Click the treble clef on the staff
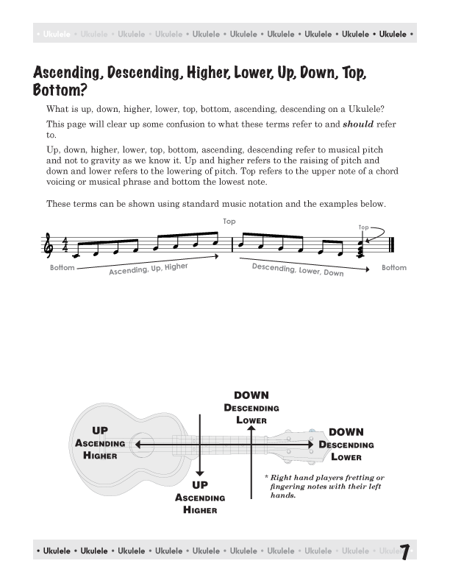pyautogui.click(x=51, y=247)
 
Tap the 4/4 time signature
pyautogui.click(x=65, y=246)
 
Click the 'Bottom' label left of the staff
pyautogui.click(x=62, y=268)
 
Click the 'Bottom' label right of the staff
pyautogui.click(x=394, y=268)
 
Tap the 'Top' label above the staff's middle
pyautogui.click(x=229, y=222)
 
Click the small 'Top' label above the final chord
pyautogui.click(x=362, y=228)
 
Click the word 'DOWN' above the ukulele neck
pyautogui.click(x=251, y=395)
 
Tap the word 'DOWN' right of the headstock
pyautogui.click(x=346, y=432)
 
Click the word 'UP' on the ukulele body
pyautogui.click(x=99, y=431)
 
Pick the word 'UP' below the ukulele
pyautogui.click(x=200, y=485)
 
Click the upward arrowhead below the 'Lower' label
pyautogui.click(x=251, y=430)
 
